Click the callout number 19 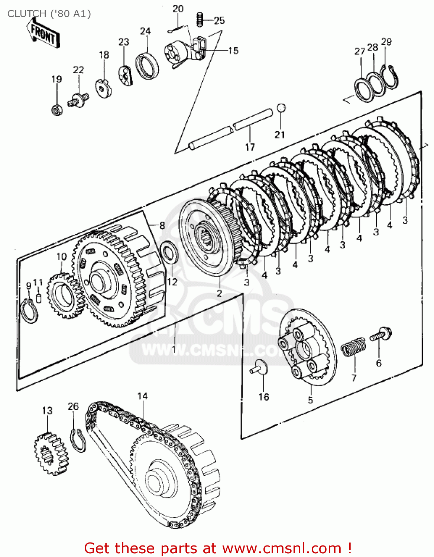point(56,79)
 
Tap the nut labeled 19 point(56,110)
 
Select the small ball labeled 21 point(281,108)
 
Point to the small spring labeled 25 point(200,19)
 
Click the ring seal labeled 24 point(147,66)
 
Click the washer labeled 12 point(169,252)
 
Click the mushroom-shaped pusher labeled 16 point(260,367)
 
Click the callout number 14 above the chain point(143,396)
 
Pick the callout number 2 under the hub point(219,293)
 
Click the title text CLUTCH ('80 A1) point(49,14)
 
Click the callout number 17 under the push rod point(250,147)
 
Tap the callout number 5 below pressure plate point(310,400)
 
